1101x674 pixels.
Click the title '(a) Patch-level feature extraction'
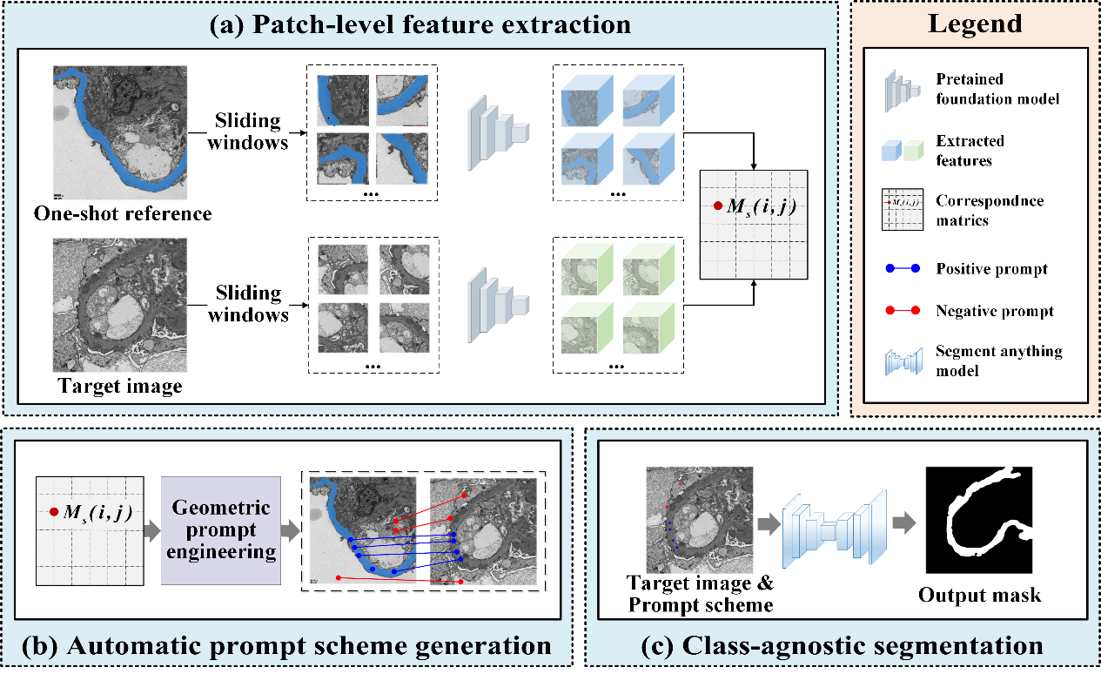coord(420,24)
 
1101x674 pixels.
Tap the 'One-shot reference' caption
coord(123,213)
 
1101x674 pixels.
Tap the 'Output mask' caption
coord(979,596)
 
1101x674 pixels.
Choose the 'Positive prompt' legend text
coord(991,268)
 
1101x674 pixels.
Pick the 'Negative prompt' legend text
coord(995,311)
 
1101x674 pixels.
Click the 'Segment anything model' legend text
coord(998,361)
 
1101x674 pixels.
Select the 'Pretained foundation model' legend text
coord(997,90)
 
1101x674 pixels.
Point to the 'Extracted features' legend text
coord(970,150)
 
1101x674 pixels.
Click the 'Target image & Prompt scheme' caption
coord(701,591)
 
